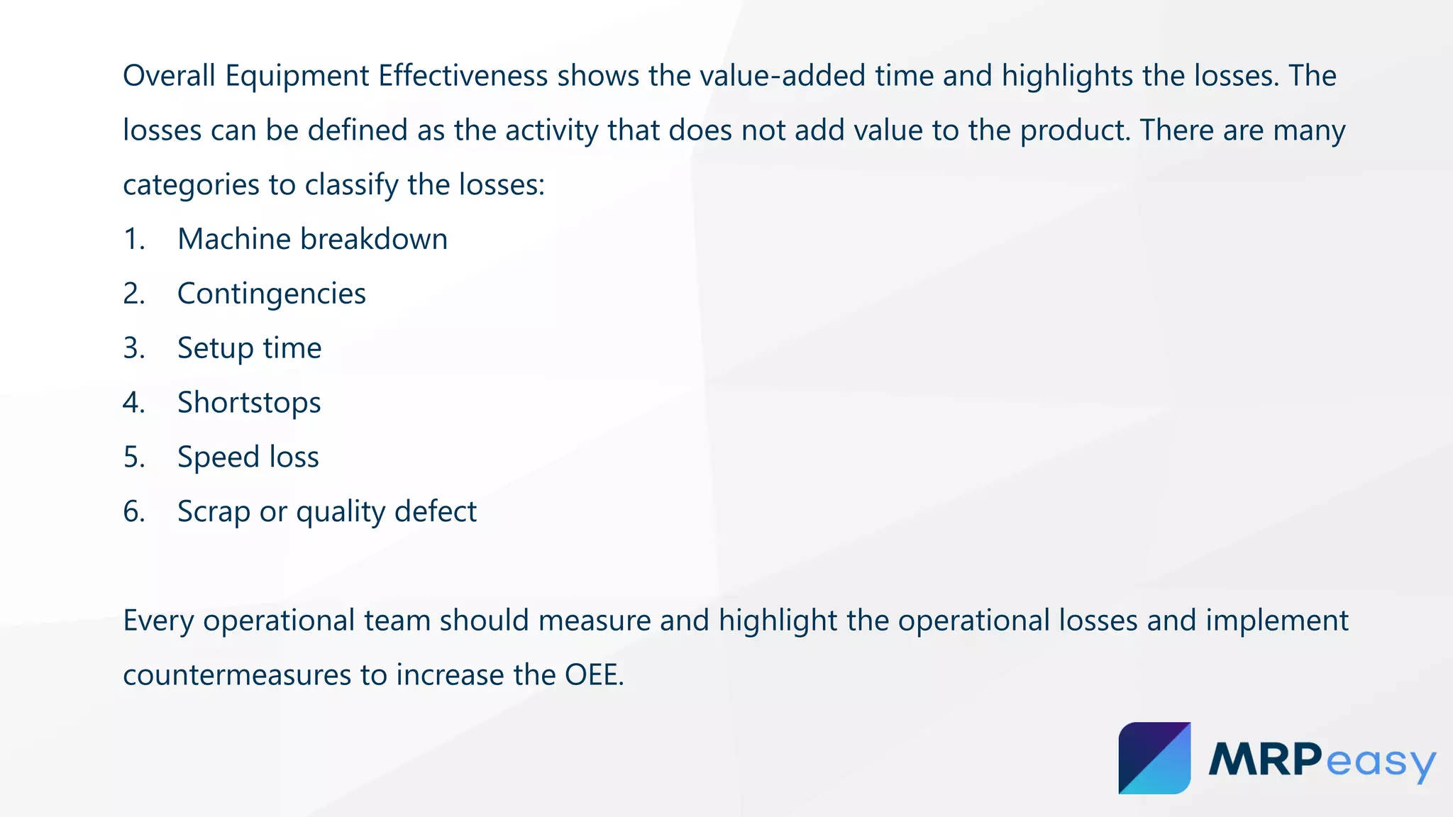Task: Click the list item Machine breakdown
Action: coord(312,240)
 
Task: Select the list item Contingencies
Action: coord(271,294)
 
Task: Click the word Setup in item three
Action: coord(215,349)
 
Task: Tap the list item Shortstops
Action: coord(249,403)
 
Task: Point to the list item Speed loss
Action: coord(248,457)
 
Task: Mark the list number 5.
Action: coord(133,457)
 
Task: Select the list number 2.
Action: coord(133,294)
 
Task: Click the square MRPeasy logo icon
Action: coord(1154,758)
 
